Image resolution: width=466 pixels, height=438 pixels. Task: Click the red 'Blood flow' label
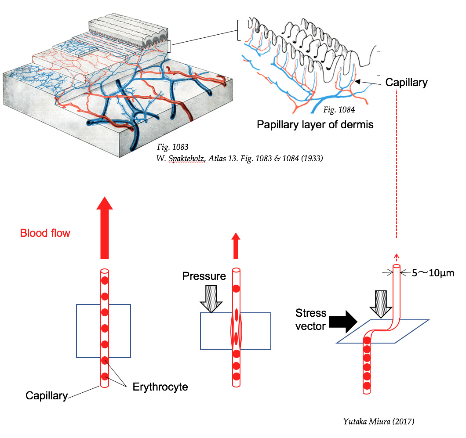click(x=45, y=233)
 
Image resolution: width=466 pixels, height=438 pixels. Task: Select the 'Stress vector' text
click(x=311, y=319)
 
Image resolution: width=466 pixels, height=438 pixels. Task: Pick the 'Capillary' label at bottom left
click(x=47, y=395)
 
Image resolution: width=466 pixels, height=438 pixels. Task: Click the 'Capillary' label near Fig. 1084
click(x=406, y=82)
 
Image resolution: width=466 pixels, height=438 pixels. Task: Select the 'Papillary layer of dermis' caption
click(x=315, y=124)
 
